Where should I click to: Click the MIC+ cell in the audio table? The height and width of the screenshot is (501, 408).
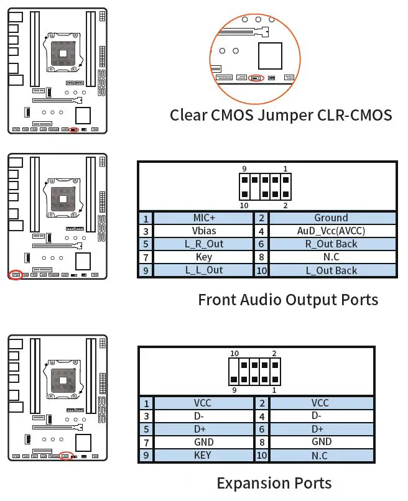[203, 218]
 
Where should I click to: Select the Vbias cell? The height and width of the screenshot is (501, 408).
[203, 231]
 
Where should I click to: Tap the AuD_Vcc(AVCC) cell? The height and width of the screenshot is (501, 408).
[331, 231]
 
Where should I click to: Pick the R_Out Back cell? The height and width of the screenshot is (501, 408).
[331, 244]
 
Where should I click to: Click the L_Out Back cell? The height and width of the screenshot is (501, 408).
[331, 270]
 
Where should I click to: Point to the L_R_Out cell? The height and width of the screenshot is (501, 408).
[203, 244]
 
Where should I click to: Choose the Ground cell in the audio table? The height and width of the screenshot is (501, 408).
[331, 218]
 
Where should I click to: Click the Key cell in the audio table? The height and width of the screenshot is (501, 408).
[203, 257]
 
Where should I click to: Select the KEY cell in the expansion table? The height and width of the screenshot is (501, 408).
[203, 455]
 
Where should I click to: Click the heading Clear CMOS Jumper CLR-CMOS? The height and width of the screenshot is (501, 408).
[281, 116]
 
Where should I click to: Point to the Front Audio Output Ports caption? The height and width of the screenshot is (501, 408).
[288, 300]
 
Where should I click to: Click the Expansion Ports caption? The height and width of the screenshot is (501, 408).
[274, 483]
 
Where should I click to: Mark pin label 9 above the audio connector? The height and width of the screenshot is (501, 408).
[245, 169]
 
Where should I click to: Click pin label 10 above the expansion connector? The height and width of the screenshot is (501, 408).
[234, 354]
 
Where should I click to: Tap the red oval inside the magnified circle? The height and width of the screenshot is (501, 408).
[256, 79]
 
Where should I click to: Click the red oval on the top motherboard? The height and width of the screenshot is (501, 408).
[74, 130]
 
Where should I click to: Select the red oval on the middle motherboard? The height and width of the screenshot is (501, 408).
[16, 274]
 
